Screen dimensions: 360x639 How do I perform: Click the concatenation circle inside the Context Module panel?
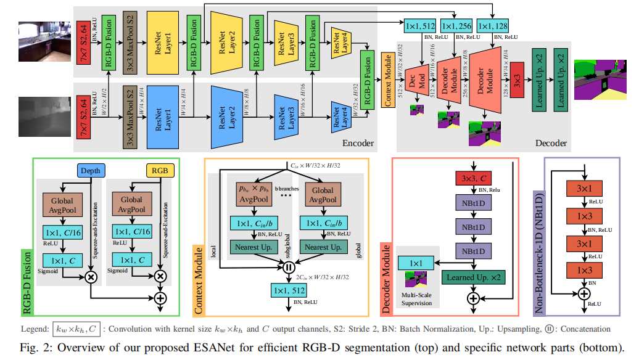click(x=287, y=268)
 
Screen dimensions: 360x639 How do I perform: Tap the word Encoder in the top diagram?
click(x=358, y=143)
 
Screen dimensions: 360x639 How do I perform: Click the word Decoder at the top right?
click(x=551, y=143)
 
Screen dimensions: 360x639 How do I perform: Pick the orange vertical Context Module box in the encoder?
click(x=389, y=80)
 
